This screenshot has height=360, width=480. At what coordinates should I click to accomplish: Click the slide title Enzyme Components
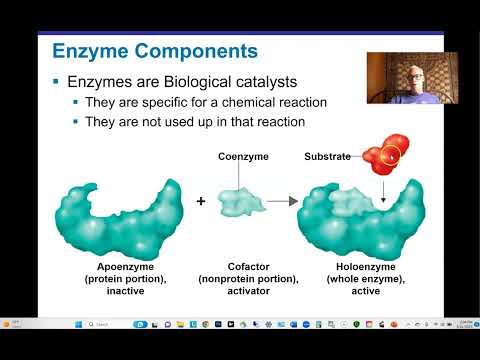(x=154, y=50)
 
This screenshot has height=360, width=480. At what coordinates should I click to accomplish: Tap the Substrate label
(x=328, y=156)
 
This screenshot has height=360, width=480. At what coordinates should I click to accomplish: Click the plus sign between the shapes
(x=201, y=201)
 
